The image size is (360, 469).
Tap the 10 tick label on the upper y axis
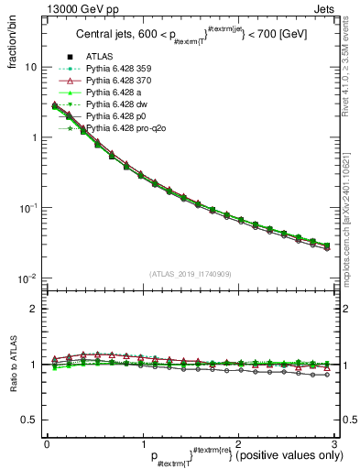point(30,67)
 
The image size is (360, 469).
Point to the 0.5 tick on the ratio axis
point(28,420)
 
